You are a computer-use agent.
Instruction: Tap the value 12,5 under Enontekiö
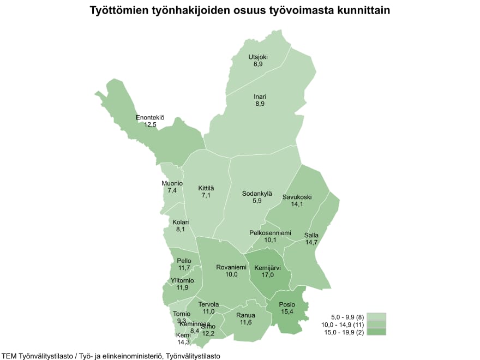(150, 125)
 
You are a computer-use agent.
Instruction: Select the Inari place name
(260, 97)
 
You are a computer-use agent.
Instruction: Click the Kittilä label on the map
(206, 188)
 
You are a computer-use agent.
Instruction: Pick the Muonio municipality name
(172, 183)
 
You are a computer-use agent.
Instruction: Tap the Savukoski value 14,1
(297, 205)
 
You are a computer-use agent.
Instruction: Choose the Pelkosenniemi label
(270, 233)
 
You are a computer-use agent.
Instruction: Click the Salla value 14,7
(311, 243)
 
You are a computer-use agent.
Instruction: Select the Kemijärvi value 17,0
(267, 275)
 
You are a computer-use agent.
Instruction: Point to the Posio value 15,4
(286, 311)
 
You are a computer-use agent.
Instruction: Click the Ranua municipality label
(245, 315)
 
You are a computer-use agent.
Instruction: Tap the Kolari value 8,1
(181, 230)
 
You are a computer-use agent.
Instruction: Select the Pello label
(184, 261)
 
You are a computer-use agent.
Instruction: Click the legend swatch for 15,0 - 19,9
(376, 332)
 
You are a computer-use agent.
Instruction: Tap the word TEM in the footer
(10, 356)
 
